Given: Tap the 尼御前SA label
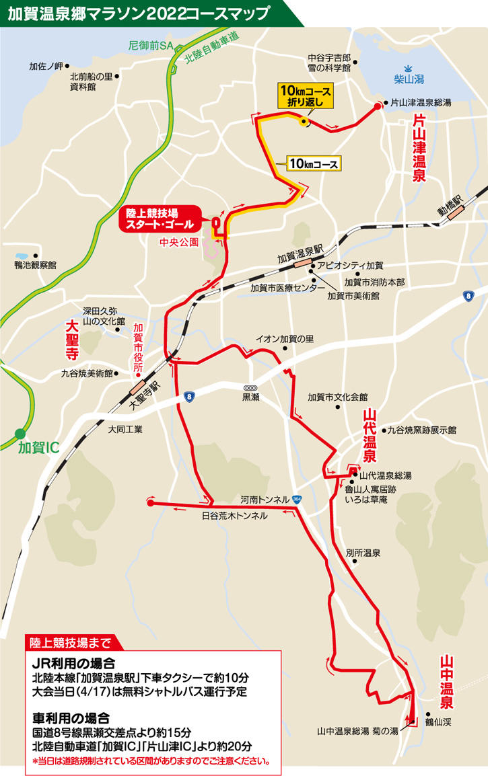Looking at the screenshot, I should [x=151, y=46].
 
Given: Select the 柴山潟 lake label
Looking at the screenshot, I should [x=409, y=79].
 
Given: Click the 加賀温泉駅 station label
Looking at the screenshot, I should [x=300, y=258].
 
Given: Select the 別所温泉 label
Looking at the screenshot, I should [x=363, y=553].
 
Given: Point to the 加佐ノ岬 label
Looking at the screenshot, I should [x=45, y=66].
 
